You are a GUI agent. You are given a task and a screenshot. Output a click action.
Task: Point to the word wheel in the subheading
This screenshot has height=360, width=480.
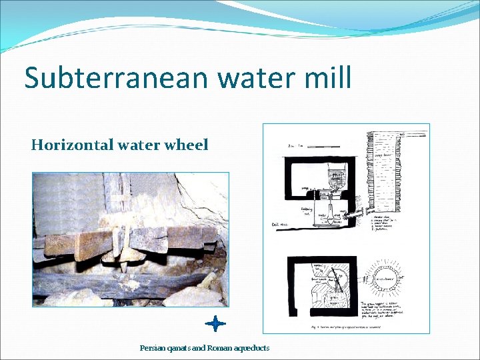pos(186,145)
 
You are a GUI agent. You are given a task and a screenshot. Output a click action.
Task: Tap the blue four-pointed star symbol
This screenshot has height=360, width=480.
pos(215,324)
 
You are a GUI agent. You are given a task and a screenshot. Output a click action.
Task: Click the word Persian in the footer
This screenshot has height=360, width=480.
pos(153,348)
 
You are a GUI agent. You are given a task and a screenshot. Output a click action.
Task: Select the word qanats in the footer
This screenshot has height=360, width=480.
pos(180,348)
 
